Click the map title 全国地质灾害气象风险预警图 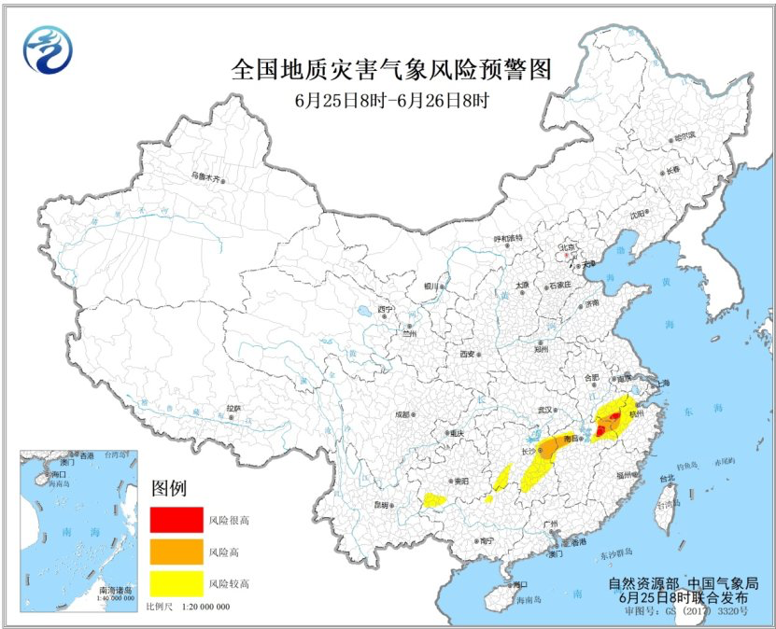[391, 69]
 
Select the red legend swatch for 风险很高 [175, 517]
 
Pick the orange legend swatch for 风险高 [175, 551]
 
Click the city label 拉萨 [233, 408]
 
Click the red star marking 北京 [565, 254]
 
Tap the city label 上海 [663, 383]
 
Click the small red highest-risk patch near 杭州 [600, 429]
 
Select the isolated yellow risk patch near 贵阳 [434, 499]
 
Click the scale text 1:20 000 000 [201, 608]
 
